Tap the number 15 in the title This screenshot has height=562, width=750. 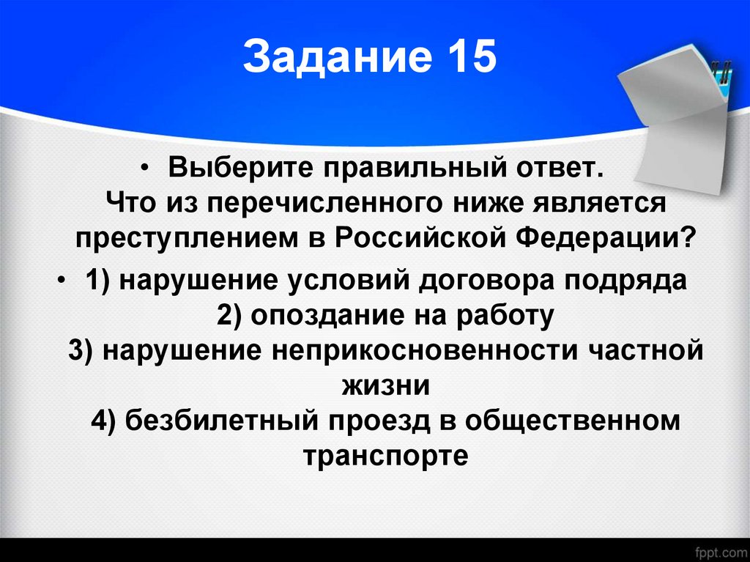point(468,59)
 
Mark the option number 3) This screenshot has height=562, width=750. point(84,350)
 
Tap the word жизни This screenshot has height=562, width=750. point(384,385)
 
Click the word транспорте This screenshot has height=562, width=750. point(385,456)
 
